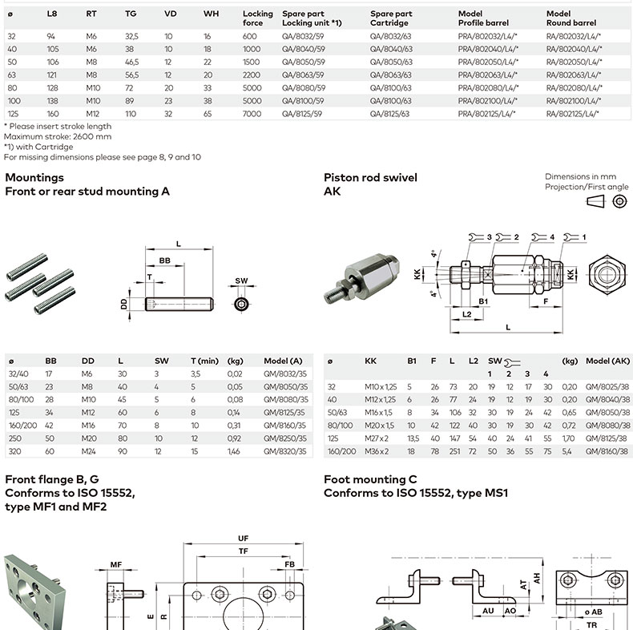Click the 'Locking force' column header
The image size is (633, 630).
point(257,18)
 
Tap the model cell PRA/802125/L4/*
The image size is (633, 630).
point(487,114)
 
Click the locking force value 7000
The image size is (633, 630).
point(252,114)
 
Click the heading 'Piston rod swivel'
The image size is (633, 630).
point(370,177)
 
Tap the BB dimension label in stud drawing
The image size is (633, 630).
point(164,261)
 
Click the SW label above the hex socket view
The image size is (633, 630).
point(241,281)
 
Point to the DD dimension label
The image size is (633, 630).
point(124,304)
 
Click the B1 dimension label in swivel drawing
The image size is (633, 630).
point(483,302)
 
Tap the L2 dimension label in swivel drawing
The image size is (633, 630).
point(467,314)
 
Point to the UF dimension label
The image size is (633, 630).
point(243,538)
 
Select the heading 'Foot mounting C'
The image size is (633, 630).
point(370,479)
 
